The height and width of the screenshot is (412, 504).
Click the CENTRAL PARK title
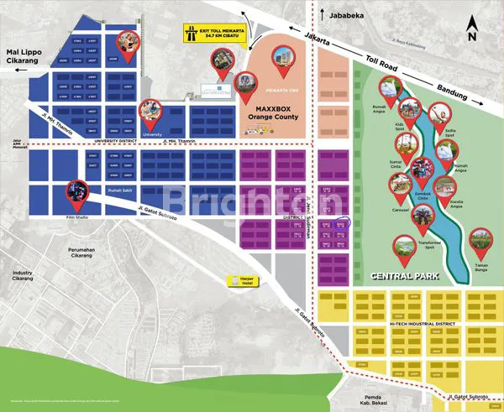(x=396, y=274)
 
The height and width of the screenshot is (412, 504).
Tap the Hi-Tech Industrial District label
(x=423, y=323)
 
